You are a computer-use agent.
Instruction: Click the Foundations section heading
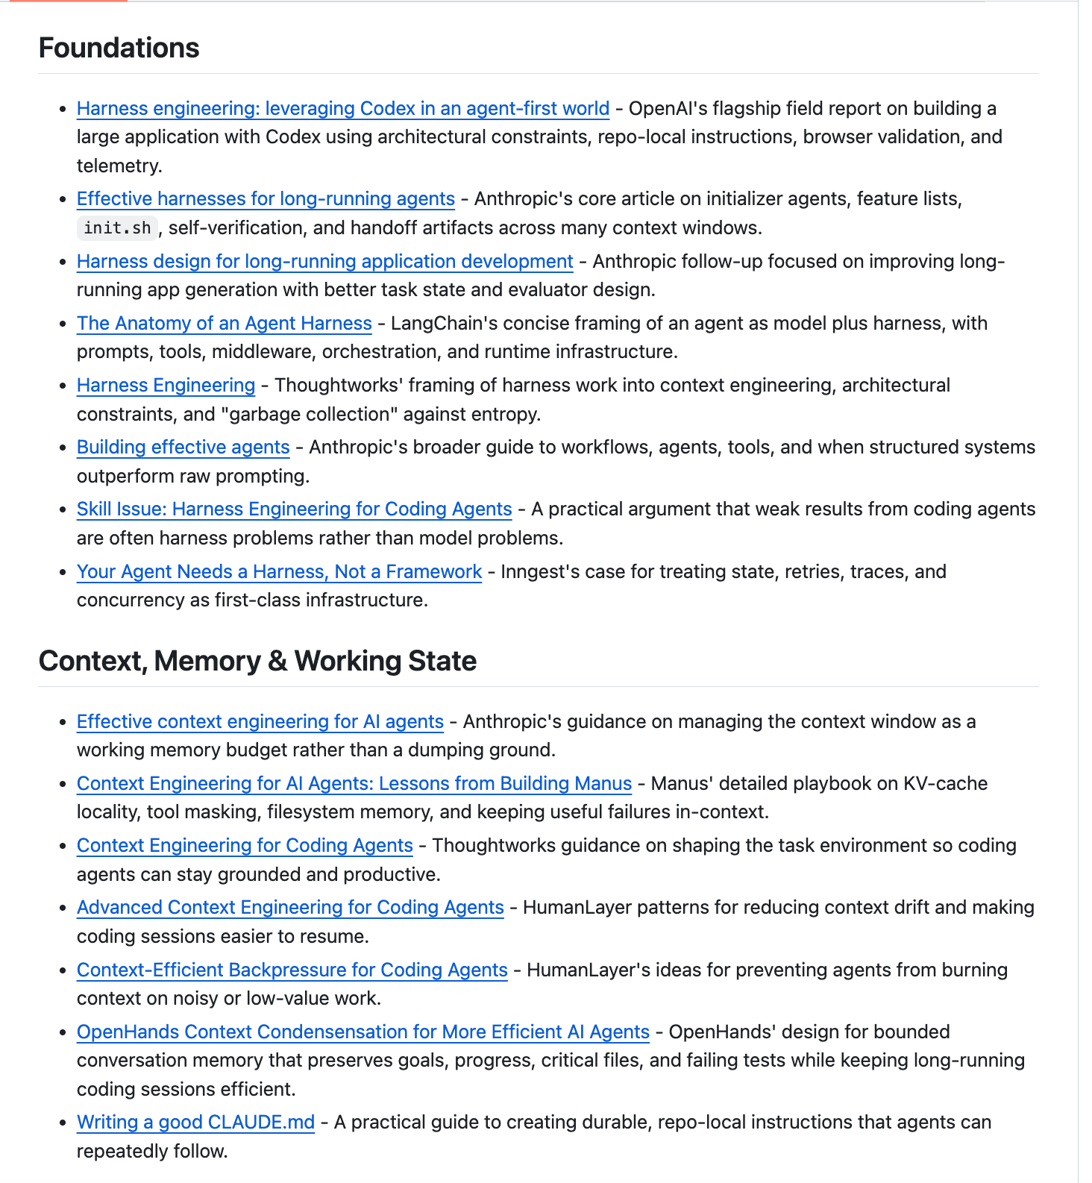pos(119,48)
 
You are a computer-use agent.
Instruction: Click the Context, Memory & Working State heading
pos(257,661)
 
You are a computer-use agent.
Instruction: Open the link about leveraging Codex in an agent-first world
pos(343,109)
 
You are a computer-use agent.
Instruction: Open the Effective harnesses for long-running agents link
pos(266,199)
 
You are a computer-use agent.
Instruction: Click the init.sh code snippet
pos(117,228)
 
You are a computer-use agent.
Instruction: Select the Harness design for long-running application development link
pos(324,262)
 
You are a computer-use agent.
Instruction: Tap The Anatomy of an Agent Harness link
pos(224,324)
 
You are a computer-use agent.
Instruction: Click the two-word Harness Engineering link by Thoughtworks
pos(166,386)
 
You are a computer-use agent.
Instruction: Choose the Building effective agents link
pos(183,448)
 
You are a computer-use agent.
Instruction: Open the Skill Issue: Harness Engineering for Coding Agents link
pos(294,509)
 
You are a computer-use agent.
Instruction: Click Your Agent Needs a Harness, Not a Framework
pos(279,572)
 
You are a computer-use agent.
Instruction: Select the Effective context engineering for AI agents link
pos(260,722)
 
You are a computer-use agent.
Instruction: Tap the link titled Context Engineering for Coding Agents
pos(245,846)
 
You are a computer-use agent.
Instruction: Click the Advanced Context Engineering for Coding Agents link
pos(290,908)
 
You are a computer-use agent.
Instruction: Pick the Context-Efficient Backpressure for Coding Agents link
pos(292,970)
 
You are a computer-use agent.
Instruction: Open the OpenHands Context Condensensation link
pos(363,1032)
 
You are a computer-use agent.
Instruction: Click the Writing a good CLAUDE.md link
pos(195,1123)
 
